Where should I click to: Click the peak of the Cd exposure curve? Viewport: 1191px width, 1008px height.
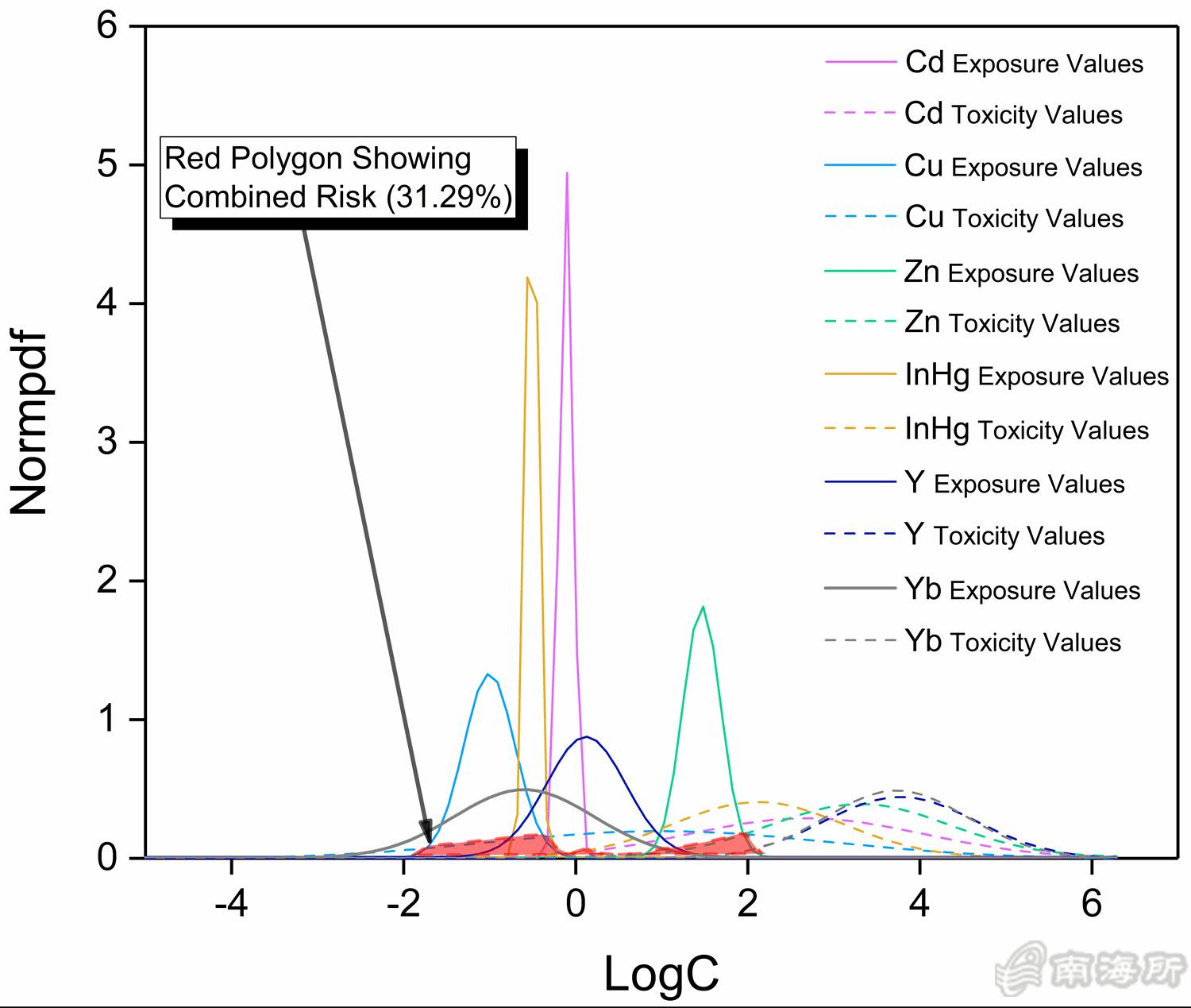pyautogui.click(x=567, y=173)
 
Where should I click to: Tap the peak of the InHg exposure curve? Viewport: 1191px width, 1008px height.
pyautogui.click(x=527, y=278)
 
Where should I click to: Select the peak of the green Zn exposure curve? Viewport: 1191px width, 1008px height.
pyautogui.click(x=703, y=607)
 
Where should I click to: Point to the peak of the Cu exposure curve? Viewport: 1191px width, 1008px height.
pyautogui.click(x=488, y=674)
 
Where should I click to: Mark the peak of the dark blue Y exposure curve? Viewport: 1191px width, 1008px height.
pyautogui.click(x=586, y=737)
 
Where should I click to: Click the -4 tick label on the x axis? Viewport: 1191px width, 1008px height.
pyautogui.click(x=231, y=905)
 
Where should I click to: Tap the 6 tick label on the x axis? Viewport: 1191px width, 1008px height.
pyautogui.click(x=1092, y=905)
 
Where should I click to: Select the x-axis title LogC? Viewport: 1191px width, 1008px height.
pyautogui.click(x=661, y=974)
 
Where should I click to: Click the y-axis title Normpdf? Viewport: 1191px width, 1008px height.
pyautogui.click(x=30, y=425)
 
